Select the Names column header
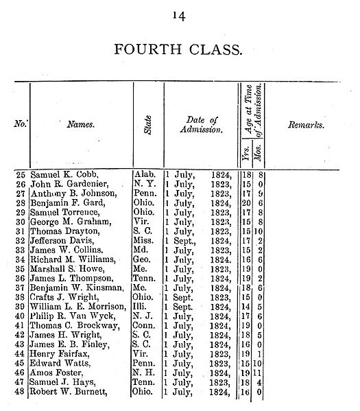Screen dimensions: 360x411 click(x=80, y=125)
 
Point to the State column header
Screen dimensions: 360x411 click(x=148, y=125)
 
